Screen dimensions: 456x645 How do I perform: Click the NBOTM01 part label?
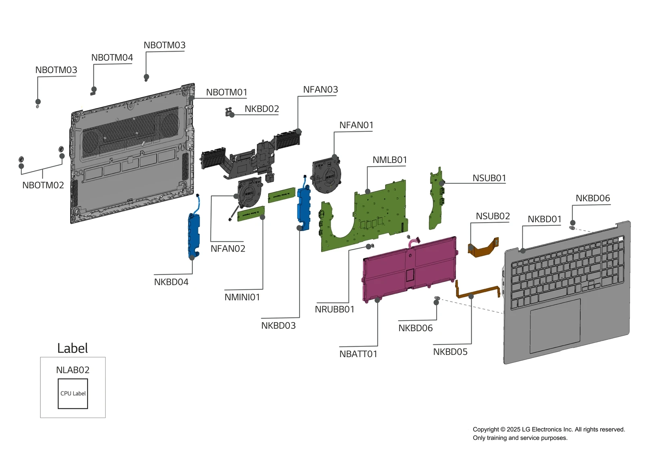[227, 92]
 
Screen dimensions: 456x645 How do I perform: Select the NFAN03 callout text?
[320, 90]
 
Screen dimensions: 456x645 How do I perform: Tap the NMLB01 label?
[389, 160]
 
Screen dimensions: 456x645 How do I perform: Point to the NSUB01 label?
[489, 178]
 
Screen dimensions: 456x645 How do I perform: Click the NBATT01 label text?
[358, 354]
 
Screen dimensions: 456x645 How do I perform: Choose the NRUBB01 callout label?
[335, 309]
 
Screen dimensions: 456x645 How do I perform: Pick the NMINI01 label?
[242, 297]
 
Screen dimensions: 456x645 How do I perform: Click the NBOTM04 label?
[112, 58]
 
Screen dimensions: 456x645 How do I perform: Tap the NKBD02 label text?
[262, 109]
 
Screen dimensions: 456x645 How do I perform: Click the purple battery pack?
[409, 268]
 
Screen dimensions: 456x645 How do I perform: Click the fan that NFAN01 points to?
[327, 175]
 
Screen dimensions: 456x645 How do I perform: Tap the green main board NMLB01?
[375, 218]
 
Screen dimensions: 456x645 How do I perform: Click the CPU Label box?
[73, 394]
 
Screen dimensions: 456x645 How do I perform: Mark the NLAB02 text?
[73, 370]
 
